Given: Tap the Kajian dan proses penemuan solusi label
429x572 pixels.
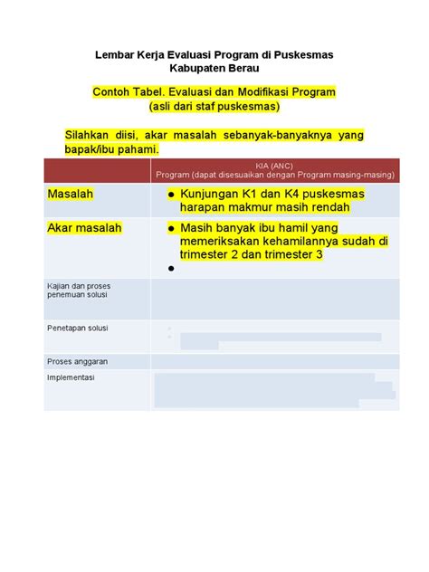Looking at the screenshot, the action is point(79,291).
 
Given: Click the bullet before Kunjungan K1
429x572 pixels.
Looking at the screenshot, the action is point(170,195).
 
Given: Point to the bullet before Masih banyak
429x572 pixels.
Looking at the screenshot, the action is point(170,229).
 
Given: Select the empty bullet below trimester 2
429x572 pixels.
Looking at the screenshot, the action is point(170,269).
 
